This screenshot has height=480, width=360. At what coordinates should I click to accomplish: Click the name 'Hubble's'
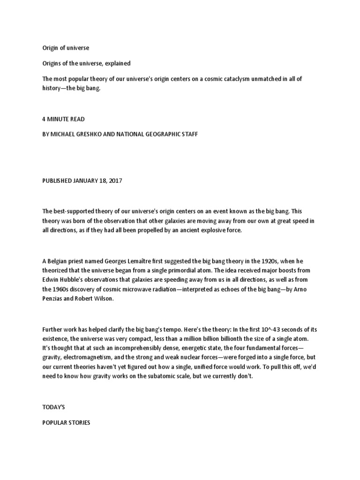click(73, 280)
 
